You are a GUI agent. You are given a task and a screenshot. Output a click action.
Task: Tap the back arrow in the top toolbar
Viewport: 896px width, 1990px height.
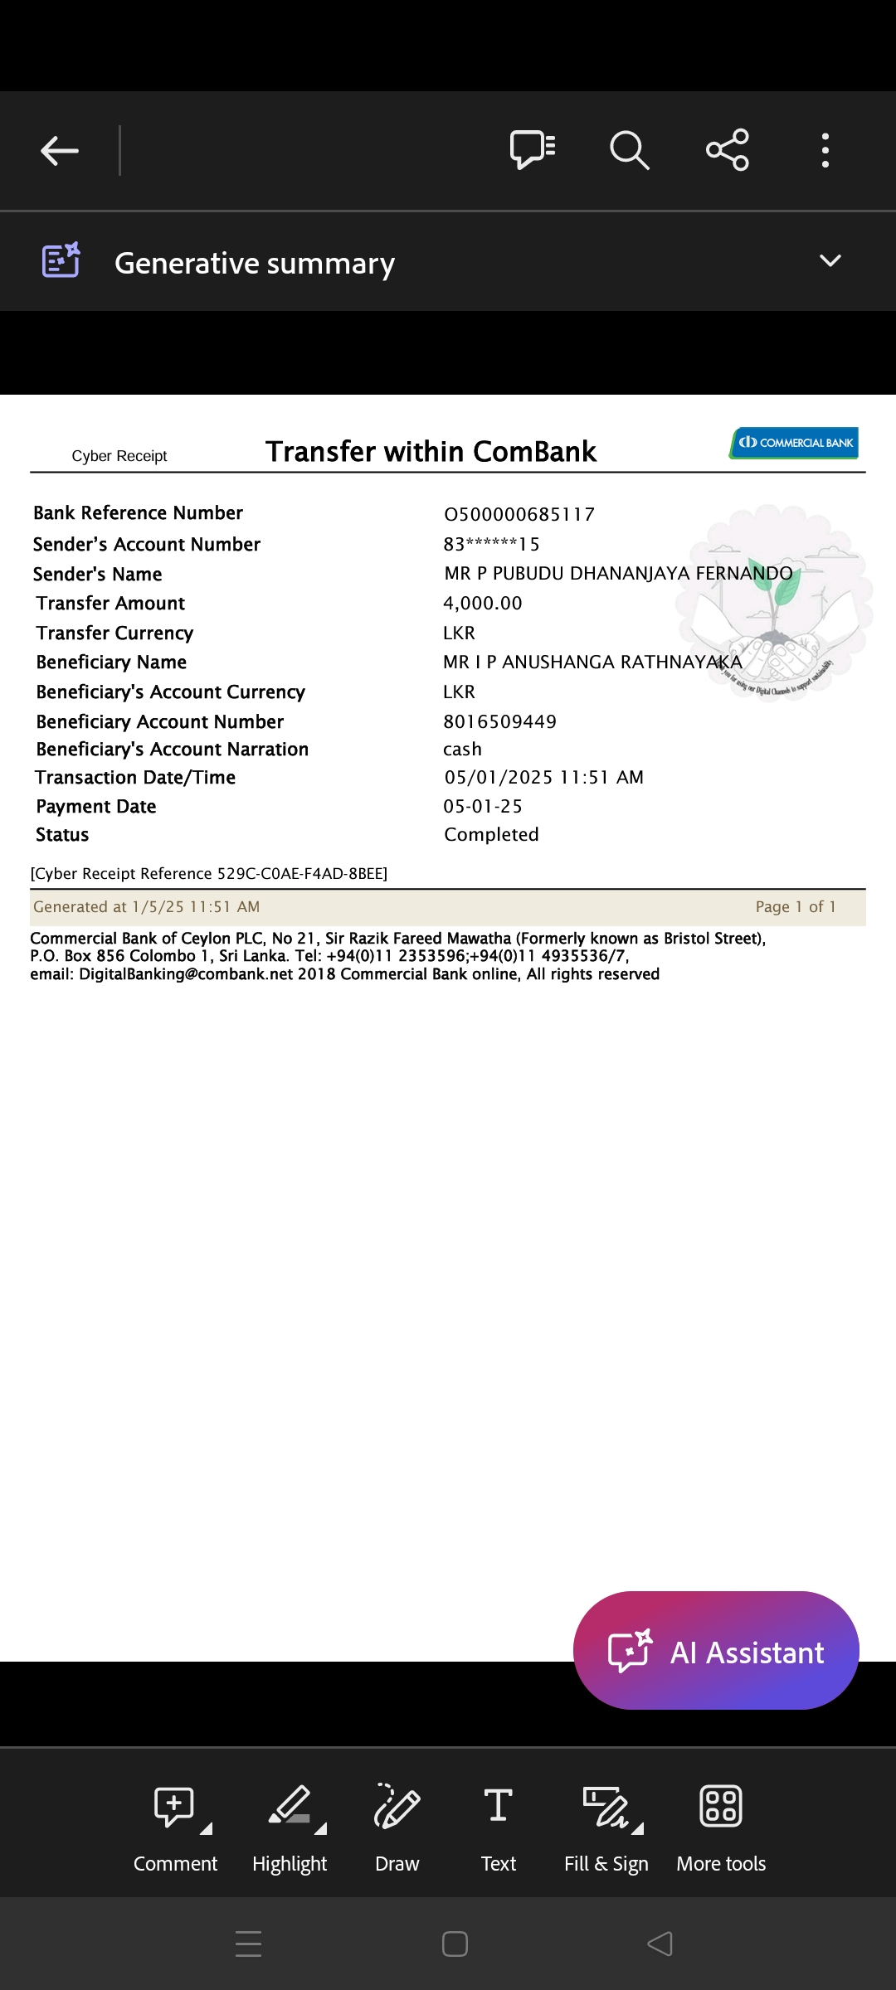point(60,151)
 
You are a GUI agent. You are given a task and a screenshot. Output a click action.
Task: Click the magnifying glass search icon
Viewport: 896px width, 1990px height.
point(629,150)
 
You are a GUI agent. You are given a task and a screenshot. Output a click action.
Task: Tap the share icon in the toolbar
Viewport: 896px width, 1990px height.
point(728,150)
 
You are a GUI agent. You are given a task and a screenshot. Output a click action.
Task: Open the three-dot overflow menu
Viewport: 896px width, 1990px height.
point(825,150)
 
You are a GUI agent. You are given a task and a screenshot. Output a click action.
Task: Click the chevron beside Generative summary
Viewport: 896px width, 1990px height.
point(830,261)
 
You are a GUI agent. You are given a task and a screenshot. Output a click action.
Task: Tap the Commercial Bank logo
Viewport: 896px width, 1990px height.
point(794,443)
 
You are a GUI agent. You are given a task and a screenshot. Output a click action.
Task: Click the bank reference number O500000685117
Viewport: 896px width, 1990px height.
point(519,515)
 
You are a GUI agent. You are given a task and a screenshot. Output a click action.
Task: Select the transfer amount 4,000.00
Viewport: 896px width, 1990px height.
point(483,604)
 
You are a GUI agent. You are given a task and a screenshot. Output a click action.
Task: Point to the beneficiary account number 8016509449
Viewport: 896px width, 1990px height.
point(499,722)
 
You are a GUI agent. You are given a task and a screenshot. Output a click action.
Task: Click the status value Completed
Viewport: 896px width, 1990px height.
point(491,835)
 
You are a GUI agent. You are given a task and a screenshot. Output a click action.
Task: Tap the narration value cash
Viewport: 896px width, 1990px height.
point(462,750)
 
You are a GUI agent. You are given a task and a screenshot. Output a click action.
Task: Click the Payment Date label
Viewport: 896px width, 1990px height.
point(96,807)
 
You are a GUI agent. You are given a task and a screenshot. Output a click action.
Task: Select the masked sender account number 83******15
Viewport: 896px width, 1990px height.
point(491,545)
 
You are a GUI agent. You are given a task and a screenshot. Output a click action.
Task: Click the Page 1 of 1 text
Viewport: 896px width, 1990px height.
point(795,907)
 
